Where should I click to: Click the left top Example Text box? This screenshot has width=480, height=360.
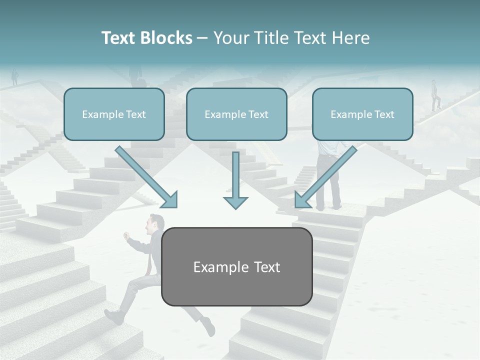[x=114, y=114]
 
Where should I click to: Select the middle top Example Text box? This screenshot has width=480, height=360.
[x=236, y=114]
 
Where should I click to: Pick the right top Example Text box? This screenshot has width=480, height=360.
[x=362, y=114]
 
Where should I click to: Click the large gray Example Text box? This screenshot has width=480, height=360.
[x=237, y=266]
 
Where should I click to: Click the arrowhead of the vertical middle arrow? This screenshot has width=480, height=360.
[x=235, y=202]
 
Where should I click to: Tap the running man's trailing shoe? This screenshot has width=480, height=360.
[x=114, y=316]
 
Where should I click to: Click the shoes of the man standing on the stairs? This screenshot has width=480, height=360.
[x=328, y=206]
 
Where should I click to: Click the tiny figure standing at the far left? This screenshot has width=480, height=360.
[x=14, y=77]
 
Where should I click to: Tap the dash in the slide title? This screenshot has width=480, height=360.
[x=202, y=38]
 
